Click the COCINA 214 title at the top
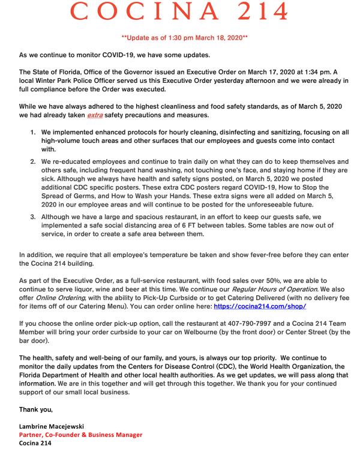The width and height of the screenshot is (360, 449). pyautogui.click(x=181, y=13)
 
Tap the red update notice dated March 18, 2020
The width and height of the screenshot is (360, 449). pyautogui.click(x=181, y=38)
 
